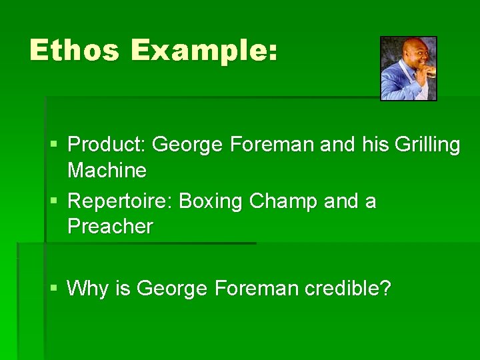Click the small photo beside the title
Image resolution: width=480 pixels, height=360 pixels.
[x=408, y=68]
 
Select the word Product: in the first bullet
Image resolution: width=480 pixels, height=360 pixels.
[x=107, y=145]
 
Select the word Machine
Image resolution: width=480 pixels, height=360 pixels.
[x=107, y=171]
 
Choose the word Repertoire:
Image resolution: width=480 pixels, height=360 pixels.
[x=121, y=201]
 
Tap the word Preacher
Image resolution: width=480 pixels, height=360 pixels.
[x=110, y=227]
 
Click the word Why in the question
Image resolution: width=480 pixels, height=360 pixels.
[x=84, y=289]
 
